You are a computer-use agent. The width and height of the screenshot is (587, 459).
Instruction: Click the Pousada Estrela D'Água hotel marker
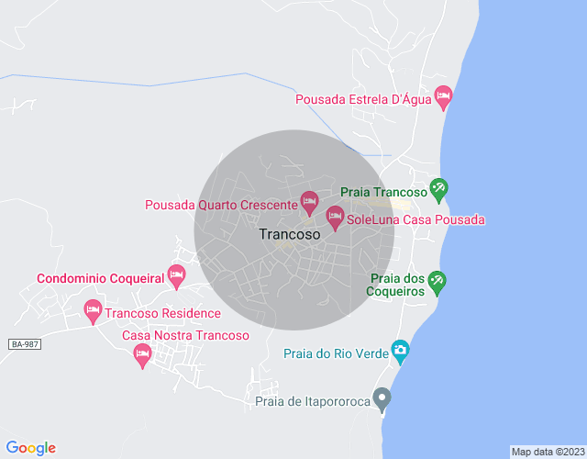pos(444,96)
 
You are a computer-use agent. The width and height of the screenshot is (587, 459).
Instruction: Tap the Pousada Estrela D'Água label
pos(364,99)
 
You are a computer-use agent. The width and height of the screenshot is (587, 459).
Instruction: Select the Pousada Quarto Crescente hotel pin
pos(310,201)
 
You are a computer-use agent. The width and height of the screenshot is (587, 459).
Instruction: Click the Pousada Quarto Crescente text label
pos(221,205)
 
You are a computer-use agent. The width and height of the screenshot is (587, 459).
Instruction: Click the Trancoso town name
pos(290,234)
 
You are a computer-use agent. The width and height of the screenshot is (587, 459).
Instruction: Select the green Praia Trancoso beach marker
pos(438,189)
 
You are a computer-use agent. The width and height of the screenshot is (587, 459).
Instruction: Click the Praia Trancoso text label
pos(383,192)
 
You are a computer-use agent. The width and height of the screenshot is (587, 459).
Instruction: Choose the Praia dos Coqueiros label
pos(397,285)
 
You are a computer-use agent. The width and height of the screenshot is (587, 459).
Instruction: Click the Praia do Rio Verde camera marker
pos(400,350)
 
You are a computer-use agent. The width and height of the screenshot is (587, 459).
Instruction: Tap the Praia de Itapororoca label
pos(312,401)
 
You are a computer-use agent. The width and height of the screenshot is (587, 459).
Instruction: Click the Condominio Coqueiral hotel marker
pos(177,274)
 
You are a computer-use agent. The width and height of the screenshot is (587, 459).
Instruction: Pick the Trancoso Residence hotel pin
pos(93,310)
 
